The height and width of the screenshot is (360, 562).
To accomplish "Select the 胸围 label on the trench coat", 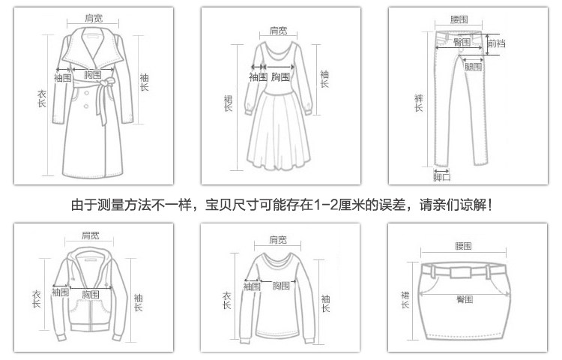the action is pos(92,75).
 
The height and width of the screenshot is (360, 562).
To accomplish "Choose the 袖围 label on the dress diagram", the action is pos(258,76).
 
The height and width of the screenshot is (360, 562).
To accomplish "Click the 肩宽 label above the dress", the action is pos(278,31).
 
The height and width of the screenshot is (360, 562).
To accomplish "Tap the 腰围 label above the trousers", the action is pos(459,19).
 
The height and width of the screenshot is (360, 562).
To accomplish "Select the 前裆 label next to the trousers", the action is pos(495,43).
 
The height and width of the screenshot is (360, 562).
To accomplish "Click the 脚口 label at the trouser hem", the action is pos(442,177).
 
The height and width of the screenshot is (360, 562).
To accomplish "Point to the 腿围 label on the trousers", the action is pos(472,67).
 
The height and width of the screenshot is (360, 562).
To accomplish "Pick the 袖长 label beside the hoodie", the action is pos(138,302).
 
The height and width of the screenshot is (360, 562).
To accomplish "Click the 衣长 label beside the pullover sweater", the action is pos(226,301).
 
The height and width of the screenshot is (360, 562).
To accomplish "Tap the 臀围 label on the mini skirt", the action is pos(464,299).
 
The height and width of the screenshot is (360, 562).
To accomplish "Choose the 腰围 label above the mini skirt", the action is pos(463,246).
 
